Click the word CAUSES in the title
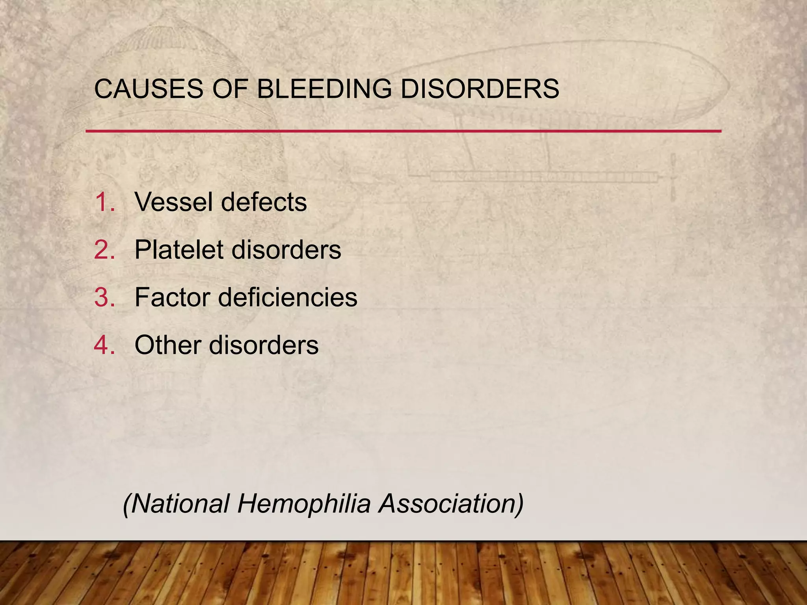coord(149,89)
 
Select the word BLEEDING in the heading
coord(324,89)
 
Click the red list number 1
coord(104,202)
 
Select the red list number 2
coord(104,250)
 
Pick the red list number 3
coord(104,297)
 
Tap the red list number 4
coord(104,345)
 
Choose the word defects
coord(264,202)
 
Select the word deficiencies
coord(288,297)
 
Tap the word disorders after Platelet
coord(286,250)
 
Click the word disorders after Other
coord(264,345)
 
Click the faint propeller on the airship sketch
coord(673,177)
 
